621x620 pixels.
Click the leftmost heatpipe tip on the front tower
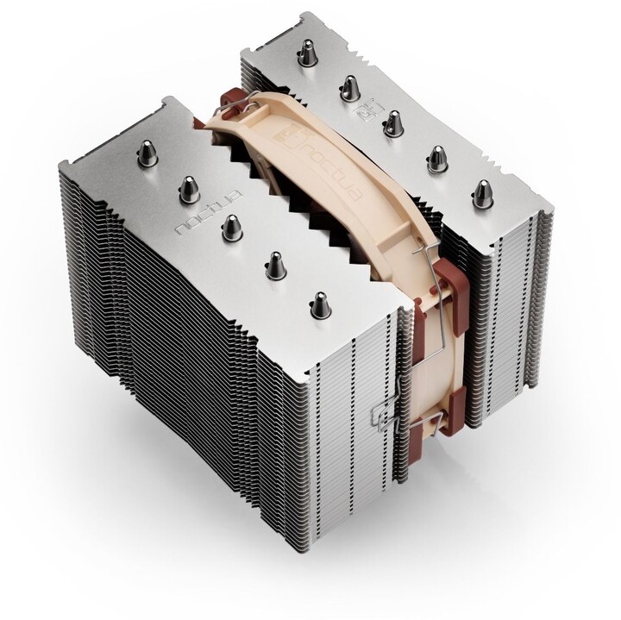[146, 154]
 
